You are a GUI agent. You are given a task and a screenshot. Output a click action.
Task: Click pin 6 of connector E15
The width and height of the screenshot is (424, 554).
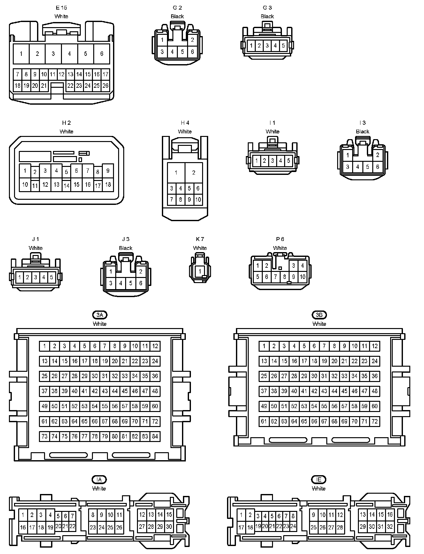point(102,54)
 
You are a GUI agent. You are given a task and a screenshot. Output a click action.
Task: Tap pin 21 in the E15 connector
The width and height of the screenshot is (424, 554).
point(44,86)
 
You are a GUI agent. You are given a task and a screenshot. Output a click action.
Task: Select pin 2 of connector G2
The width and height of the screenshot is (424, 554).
point(192,40)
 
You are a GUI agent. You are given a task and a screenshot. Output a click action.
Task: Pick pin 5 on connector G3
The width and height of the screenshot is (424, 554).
point(283,46)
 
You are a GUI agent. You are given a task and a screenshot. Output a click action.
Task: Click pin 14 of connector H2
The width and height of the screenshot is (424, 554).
point(66,185)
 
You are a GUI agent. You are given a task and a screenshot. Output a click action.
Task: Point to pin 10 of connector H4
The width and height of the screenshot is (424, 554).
point(198,199)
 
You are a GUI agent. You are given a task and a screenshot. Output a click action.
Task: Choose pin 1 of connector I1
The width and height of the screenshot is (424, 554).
point(256,161)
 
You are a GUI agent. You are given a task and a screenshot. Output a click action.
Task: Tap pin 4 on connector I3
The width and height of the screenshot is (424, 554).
point(358,167)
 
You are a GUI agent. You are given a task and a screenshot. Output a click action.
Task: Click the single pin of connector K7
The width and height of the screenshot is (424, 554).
point(200,272)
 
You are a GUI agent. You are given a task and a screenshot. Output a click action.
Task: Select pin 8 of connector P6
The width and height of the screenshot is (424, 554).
point(284,277)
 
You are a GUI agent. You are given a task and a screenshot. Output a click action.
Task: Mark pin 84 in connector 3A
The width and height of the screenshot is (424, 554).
point(155,436)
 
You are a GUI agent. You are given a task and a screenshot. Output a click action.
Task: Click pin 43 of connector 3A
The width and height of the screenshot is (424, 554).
point(105,391)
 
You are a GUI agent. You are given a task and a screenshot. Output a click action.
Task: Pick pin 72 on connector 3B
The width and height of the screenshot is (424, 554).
point(375,421)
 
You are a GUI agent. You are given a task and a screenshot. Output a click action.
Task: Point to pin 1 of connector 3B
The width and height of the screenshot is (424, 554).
point(264,346)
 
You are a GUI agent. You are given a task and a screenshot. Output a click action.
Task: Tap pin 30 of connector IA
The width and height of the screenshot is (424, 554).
point(169,527)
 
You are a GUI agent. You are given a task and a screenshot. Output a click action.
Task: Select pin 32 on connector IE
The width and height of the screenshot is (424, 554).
point(390,527)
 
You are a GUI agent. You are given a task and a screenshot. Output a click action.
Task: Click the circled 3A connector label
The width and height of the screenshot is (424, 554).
point(100,315)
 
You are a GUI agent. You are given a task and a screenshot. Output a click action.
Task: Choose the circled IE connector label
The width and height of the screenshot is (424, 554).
point(319,479)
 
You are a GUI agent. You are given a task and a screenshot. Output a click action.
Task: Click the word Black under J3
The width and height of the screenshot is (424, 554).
point(125,248)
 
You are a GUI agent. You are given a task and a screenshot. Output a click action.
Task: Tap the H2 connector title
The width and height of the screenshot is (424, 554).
point(66,123)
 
